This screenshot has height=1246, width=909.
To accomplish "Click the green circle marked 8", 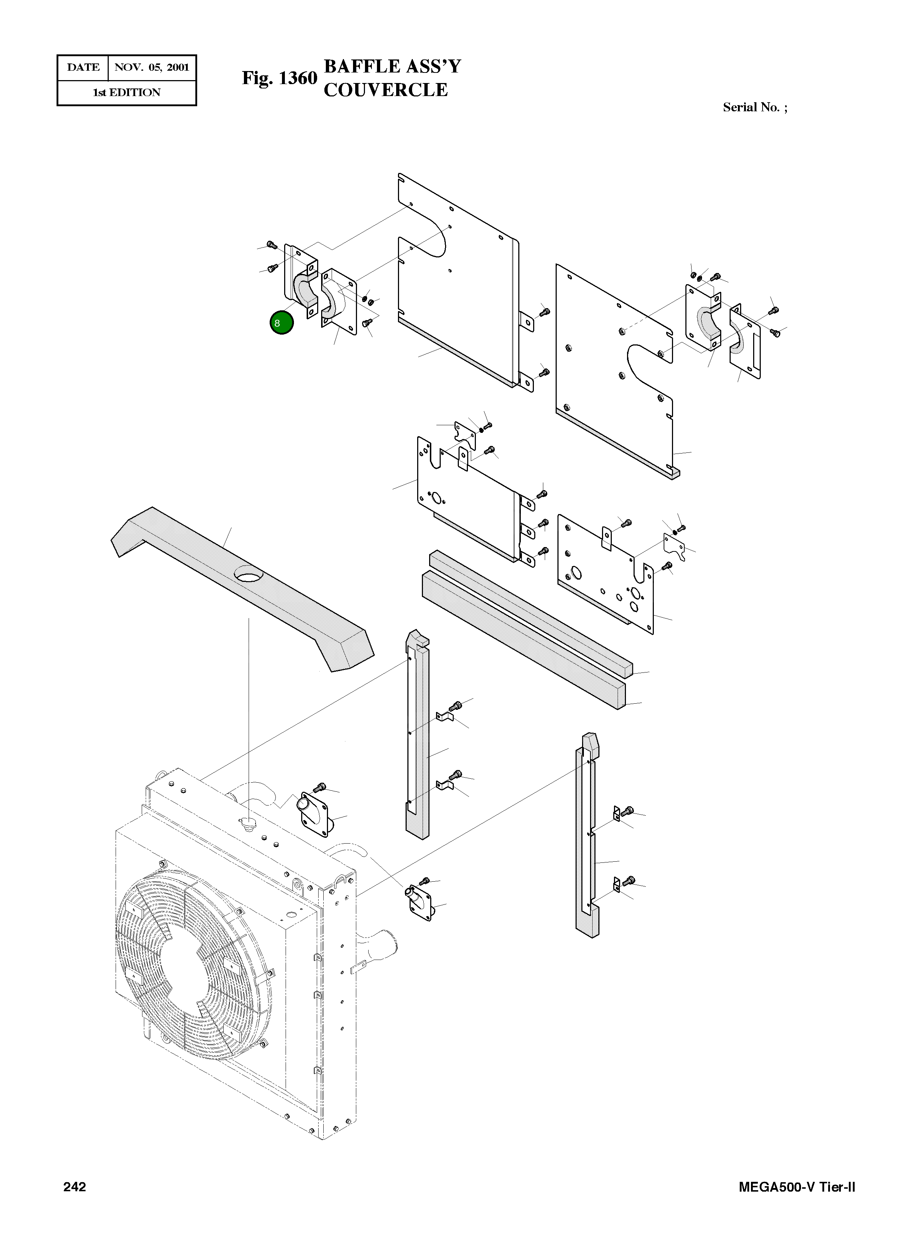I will (x=281, y=323).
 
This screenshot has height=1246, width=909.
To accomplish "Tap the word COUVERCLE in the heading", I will (x=385, y=90).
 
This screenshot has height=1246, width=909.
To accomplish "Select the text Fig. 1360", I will (x=279, y=78).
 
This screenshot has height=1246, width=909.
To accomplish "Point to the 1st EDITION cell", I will (x=126, y=92).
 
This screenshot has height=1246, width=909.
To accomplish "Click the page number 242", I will (x=75, y=1187).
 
